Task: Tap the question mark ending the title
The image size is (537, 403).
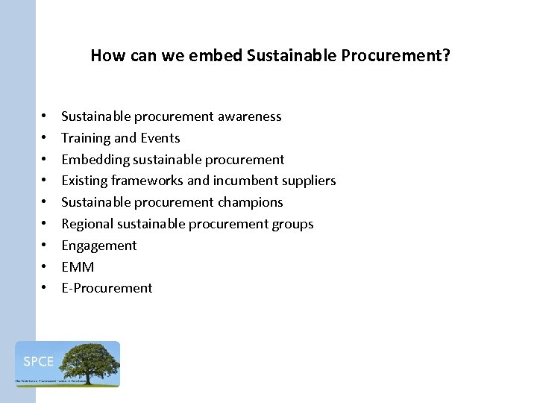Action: pos(445,56)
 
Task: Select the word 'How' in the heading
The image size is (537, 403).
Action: pos(105,56)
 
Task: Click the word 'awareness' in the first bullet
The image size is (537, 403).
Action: pos(250,116)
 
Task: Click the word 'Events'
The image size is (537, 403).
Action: pos(160,138)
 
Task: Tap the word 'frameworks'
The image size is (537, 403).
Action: pos(143,181)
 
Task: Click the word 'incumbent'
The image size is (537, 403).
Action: pos(242,181)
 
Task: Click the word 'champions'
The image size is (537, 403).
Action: pos(251,202)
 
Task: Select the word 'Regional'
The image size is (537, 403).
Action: pos(87,224)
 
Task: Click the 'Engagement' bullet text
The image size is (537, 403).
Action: pos(98,246)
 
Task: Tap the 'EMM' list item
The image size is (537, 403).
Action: pos(78,267)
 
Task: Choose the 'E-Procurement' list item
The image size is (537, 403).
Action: pos(107,288)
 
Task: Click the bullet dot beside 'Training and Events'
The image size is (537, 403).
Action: pos(45,138)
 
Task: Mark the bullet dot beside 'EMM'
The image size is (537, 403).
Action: pos(45,267)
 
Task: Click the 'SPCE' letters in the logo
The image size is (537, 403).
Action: pos(38,362)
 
